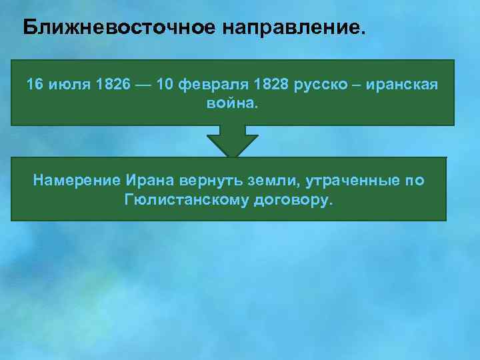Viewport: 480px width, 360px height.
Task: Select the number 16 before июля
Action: click(x=34, y=86)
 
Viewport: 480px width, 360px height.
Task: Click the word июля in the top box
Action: click(x=66, y=86)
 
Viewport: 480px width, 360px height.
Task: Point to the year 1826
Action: click(x=110, y=86)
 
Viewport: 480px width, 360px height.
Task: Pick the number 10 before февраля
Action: click(x=165, y=86)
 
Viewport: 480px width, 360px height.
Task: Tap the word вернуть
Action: click(x=204, y=181)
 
